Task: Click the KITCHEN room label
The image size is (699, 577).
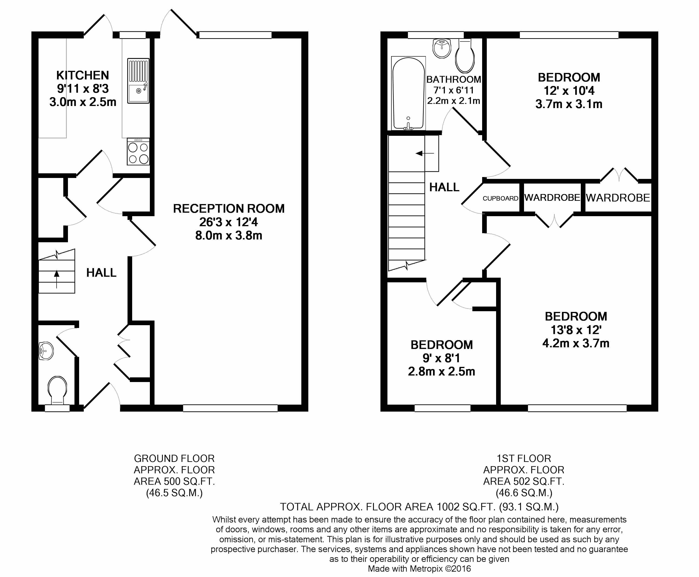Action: point(83,75)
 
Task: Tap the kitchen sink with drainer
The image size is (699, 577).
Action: point(138,81)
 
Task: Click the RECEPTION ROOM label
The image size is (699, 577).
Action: point(229,209)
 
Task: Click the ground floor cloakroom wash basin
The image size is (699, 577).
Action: point(46,351)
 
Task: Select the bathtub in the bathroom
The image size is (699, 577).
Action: point(408,93)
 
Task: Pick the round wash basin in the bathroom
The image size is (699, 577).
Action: point(442,48)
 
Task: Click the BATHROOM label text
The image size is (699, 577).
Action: point(454,80)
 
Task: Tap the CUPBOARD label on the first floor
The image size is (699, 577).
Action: point(501,198)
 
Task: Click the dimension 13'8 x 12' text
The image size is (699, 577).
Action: point(576,330)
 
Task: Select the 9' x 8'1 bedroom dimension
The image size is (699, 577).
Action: point(441,358)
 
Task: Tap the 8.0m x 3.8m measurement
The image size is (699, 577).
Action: point(229,235)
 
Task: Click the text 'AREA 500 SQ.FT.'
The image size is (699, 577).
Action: point(174,481)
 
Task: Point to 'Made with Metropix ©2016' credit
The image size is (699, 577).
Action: point(419,569)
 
